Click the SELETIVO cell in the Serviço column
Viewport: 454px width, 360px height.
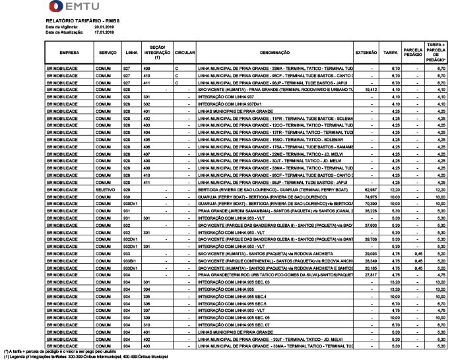click(x=105, y=189)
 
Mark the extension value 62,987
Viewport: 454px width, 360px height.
click(x=370, y=189)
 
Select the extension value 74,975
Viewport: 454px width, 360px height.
click(x=370, y=196)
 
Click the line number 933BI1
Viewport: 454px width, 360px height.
click(x=131, y=260)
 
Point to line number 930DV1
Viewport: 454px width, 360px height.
click(x=132, y=204)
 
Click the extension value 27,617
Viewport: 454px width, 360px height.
click(x=370, y=274)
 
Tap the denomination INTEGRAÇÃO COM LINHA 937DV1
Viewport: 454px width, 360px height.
click(x=230, y=104)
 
